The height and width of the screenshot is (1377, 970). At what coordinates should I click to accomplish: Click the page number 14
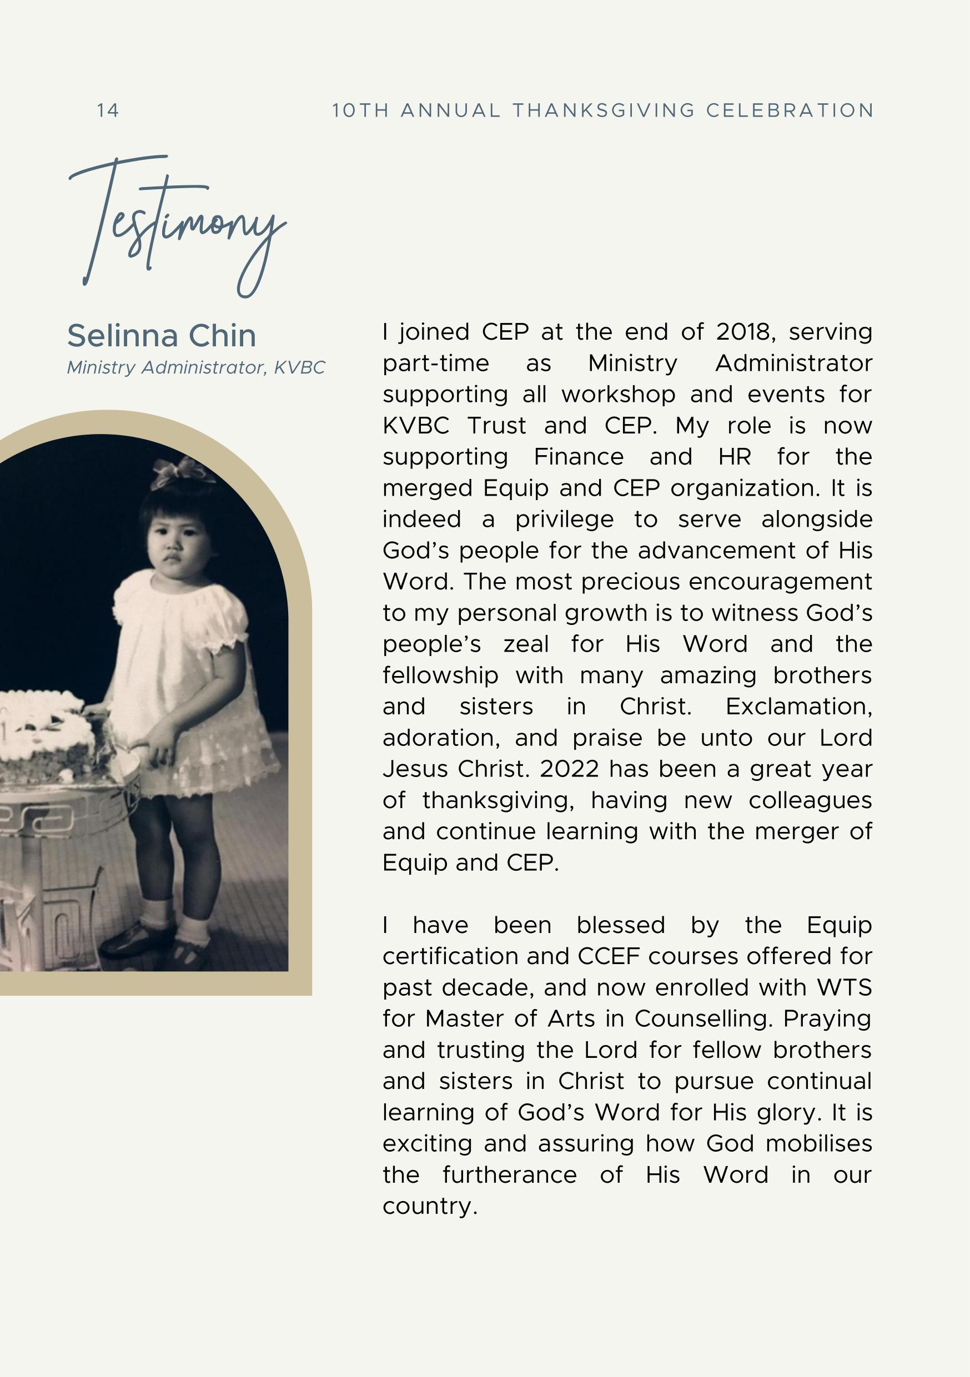pos(108,110)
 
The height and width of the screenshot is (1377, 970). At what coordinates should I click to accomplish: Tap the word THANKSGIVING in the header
pos(604,110)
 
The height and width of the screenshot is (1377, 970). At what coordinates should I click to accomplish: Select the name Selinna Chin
pos(162,336)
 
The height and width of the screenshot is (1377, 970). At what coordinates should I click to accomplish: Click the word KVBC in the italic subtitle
pos(299,367)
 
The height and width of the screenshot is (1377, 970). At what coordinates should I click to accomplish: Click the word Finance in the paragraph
pos(579,457)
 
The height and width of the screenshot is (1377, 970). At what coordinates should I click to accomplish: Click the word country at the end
pos(430,1206)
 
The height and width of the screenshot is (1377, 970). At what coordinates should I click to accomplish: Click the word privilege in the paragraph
pos(565,519)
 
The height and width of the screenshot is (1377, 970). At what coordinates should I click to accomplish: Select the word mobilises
pos(819,1144)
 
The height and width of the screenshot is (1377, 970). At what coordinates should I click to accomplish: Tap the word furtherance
pos(510,1175)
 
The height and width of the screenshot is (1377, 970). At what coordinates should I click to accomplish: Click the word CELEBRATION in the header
pos(790,110)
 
